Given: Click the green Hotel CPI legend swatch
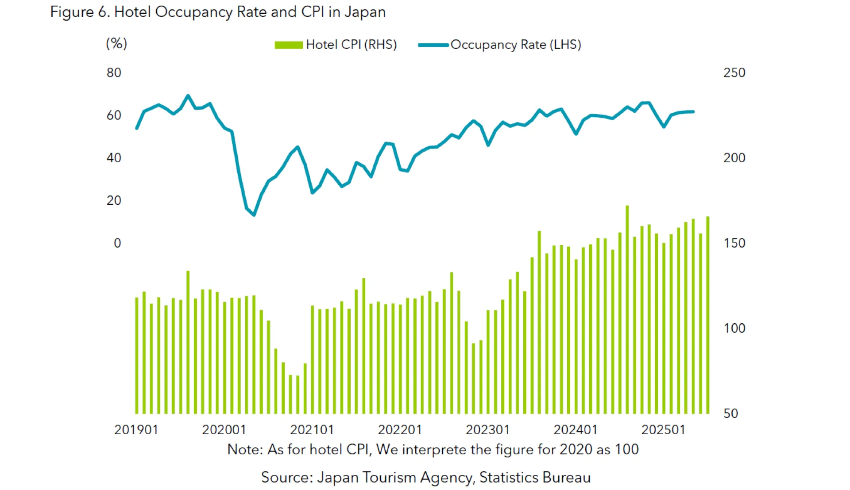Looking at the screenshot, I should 289,45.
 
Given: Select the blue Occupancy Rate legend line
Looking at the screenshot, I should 433,45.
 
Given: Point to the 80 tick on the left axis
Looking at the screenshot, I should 114,73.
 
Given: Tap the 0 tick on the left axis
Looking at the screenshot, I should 117,243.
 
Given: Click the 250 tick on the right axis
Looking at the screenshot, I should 734,73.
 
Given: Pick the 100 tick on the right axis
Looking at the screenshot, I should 734,328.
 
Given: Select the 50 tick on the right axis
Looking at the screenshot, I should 730,413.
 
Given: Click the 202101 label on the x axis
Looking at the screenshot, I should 312,429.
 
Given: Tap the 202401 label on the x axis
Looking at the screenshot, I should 575,429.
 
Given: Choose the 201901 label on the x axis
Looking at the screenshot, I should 136,429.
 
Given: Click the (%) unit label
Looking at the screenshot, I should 116,43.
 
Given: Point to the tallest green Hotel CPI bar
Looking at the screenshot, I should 627,310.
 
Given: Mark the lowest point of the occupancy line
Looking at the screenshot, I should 254,215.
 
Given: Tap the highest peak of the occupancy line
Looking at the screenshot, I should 188,96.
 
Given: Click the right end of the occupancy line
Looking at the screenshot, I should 693,111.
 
